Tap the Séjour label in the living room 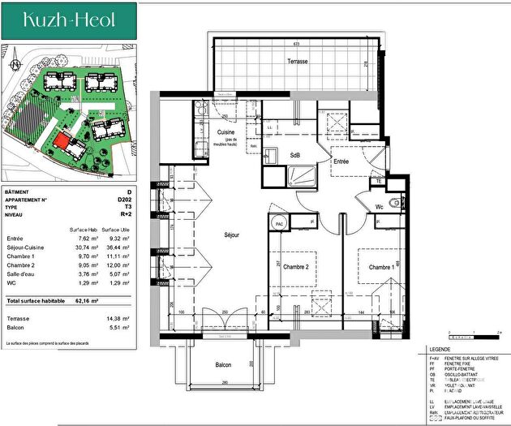click(x=235, y=235)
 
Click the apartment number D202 click(x=124, y=199)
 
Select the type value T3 click(x=127, y=207)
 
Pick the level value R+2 click(x=126, y=215)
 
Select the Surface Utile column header click(x=116, y=230)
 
